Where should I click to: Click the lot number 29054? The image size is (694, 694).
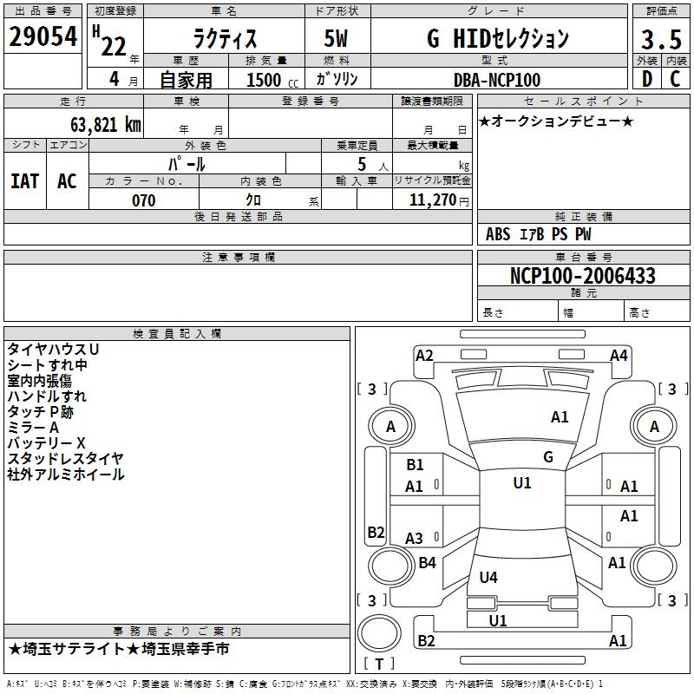(43, 37)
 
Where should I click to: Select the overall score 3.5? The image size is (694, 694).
(660, 40)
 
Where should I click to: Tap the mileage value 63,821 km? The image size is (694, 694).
(96, 124)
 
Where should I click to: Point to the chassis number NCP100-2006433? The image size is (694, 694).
(582, 276)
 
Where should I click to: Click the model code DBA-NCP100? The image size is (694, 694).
(496, 80)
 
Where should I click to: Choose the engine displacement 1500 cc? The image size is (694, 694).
(270, 80)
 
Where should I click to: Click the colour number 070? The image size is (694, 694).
(143, 200)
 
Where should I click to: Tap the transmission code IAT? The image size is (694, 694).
(24, 181)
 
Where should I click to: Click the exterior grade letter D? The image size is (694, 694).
(646, 79)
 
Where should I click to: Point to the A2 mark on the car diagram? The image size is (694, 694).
(424, 355)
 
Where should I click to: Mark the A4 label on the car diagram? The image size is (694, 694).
(619, 355)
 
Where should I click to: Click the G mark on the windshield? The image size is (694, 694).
(547, 457)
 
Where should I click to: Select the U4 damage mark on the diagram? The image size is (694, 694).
(488, 577)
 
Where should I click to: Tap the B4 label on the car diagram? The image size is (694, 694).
(427, 563)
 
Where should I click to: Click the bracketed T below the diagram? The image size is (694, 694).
(379, 665)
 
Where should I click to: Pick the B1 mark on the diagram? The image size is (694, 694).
(415, 465)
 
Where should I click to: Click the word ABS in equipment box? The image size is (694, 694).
(498, 234)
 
